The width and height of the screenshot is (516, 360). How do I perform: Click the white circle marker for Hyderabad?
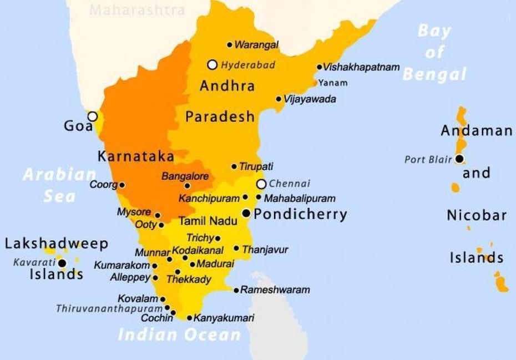tap(212, 65)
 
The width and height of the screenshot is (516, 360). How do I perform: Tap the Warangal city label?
tap(256, 45)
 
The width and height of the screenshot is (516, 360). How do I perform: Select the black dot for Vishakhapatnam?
tap(320, 67)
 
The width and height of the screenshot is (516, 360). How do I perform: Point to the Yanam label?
tap(333, 83)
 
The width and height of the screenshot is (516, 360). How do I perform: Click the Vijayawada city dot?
tap(279, 99)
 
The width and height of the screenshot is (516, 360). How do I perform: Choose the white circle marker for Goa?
tap(93, 116)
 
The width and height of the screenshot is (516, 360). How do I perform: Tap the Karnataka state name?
tap(136, 156)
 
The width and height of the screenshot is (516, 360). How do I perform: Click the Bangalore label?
tap(185, 176)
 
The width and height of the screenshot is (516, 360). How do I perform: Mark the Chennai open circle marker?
tap(261, 184)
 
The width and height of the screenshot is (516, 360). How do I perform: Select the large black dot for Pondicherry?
tap(246, 213)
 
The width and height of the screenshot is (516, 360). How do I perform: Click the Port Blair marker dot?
tap(459, 159)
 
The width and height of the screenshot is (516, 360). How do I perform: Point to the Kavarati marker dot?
tap(63, 263)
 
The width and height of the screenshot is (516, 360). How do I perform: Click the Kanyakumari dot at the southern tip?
tap(189, 318)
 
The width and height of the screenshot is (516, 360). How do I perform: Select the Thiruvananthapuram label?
tap(109, 308)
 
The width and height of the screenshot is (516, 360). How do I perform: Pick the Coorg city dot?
tap(122, 185)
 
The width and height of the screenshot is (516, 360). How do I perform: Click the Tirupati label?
tap(256, 166)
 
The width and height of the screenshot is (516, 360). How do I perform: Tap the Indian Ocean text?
tap(179, 334)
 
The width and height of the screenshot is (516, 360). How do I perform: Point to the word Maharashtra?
tap(137, 9)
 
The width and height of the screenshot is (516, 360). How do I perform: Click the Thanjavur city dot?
tap(236, 249)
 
